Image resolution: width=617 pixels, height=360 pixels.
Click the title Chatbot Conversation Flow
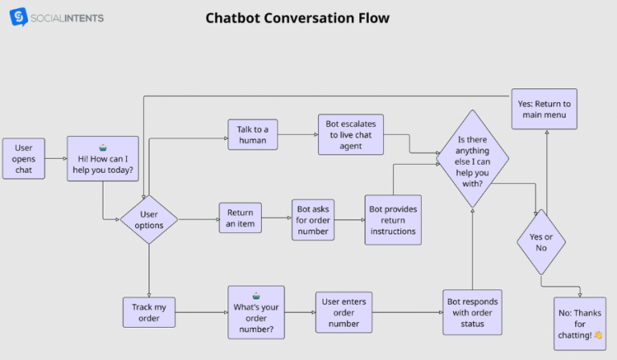[298, 18]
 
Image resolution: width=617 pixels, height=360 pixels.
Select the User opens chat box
[23, 158]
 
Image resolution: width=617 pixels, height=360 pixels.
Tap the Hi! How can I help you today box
[103, 160]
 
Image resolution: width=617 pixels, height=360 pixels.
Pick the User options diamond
[149, 219]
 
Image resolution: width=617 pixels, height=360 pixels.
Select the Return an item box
[240, 219]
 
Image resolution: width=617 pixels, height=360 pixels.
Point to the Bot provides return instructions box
[393, 220]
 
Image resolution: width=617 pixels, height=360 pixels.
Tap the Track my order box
[149, 312]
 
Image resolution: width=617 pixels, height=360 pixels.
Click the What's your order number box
[255, 312]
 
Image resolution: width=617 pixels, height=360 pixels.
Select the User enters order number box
[344, 312]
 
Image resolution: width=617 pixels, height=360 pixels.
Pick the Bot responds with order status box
[472, 313]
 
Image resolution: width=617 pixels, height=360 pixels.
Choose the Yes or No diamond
[541, 242]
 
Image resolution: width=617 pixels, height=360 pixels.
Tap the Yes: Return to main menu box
[544, 109]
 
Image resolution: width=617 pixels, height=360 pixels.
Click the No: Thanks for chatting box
[579, 324]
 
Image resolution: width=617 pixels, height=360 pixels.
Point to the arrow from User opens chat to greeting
[55, 158]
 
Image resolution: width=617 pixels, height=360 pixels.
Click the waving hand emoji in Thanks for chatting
[597, 335]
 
